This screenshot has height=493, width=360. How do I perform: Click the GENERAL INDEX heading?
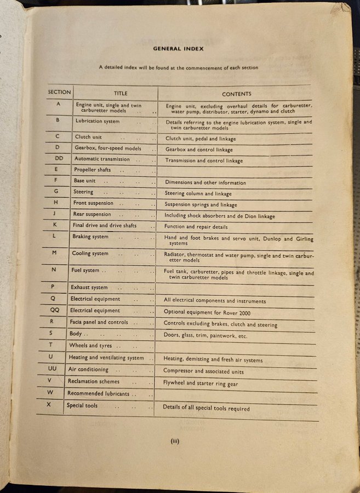[x=178, y=49]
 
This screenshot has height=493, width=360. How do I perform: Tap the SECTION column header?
[x=59, y=92]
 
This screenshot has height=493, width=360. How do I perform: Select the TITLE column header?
[x=121, y=93]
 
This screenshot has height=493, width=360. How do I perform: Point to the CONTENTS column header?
[x=237, y=94]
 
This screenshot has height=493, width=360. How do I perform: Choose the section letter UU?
[x=52, y=369]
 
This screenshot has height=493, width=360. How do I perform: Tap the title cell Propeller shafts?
[x=93, y=170]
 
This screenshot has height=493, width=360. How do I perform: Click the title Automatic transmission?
[x=102, y=159]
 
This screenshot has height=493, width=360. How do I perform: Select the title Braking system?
[x=90, y=237]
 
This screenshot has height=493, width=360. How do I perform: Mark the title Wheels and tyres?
[x=89, y=346]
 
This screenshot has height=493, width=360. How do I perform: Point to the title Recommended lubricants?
[x=98, y=393]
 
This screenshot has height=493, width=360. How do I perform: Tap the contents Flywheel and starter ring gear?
[x=201, y=384]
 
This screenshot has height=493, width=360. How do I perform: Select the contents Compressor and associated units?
[x=204, y=372]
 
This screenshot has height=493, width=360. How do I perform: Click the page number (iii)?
[x=175, y=441]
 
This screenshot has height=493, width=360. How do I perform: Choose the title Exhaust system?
[x=89, y=287]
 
